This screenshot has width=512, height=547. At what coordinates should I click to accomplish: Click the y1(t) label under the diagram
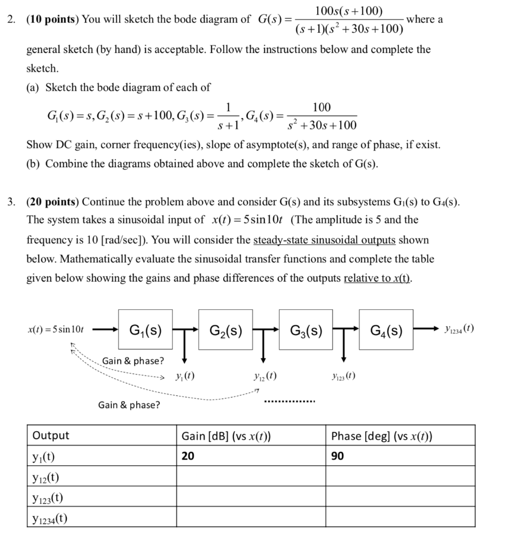click(x=185, y=376)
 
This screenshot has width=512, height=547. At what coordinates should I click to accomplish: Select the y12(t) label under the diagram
click(x=264, y=376)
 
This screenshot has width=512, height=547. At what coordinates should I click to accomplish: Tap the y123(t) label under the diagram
click(x=344, y=376)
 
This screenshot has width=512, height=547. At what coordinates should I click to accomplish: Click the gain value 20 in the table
click(x=188, y=456)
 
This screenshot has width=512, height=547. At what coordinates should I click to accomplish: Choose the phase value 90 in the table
click(x=337, y=456)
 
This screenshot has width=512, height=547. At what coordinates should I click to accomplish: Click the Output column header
click(x=51, y=435)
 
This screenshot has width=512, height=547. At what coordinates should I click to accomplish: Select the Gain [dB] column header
click(x=226, y=436)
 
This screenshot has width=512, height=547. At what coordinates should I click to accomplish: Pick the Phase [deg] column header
click(x=382, y=436)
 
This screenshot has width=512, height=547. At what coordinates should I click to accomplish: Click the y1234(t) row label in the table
click(x=50, y=518)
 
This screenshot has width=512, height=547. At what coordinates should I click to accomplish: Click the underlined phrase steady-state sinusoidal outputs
click(x=325, y=240)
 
